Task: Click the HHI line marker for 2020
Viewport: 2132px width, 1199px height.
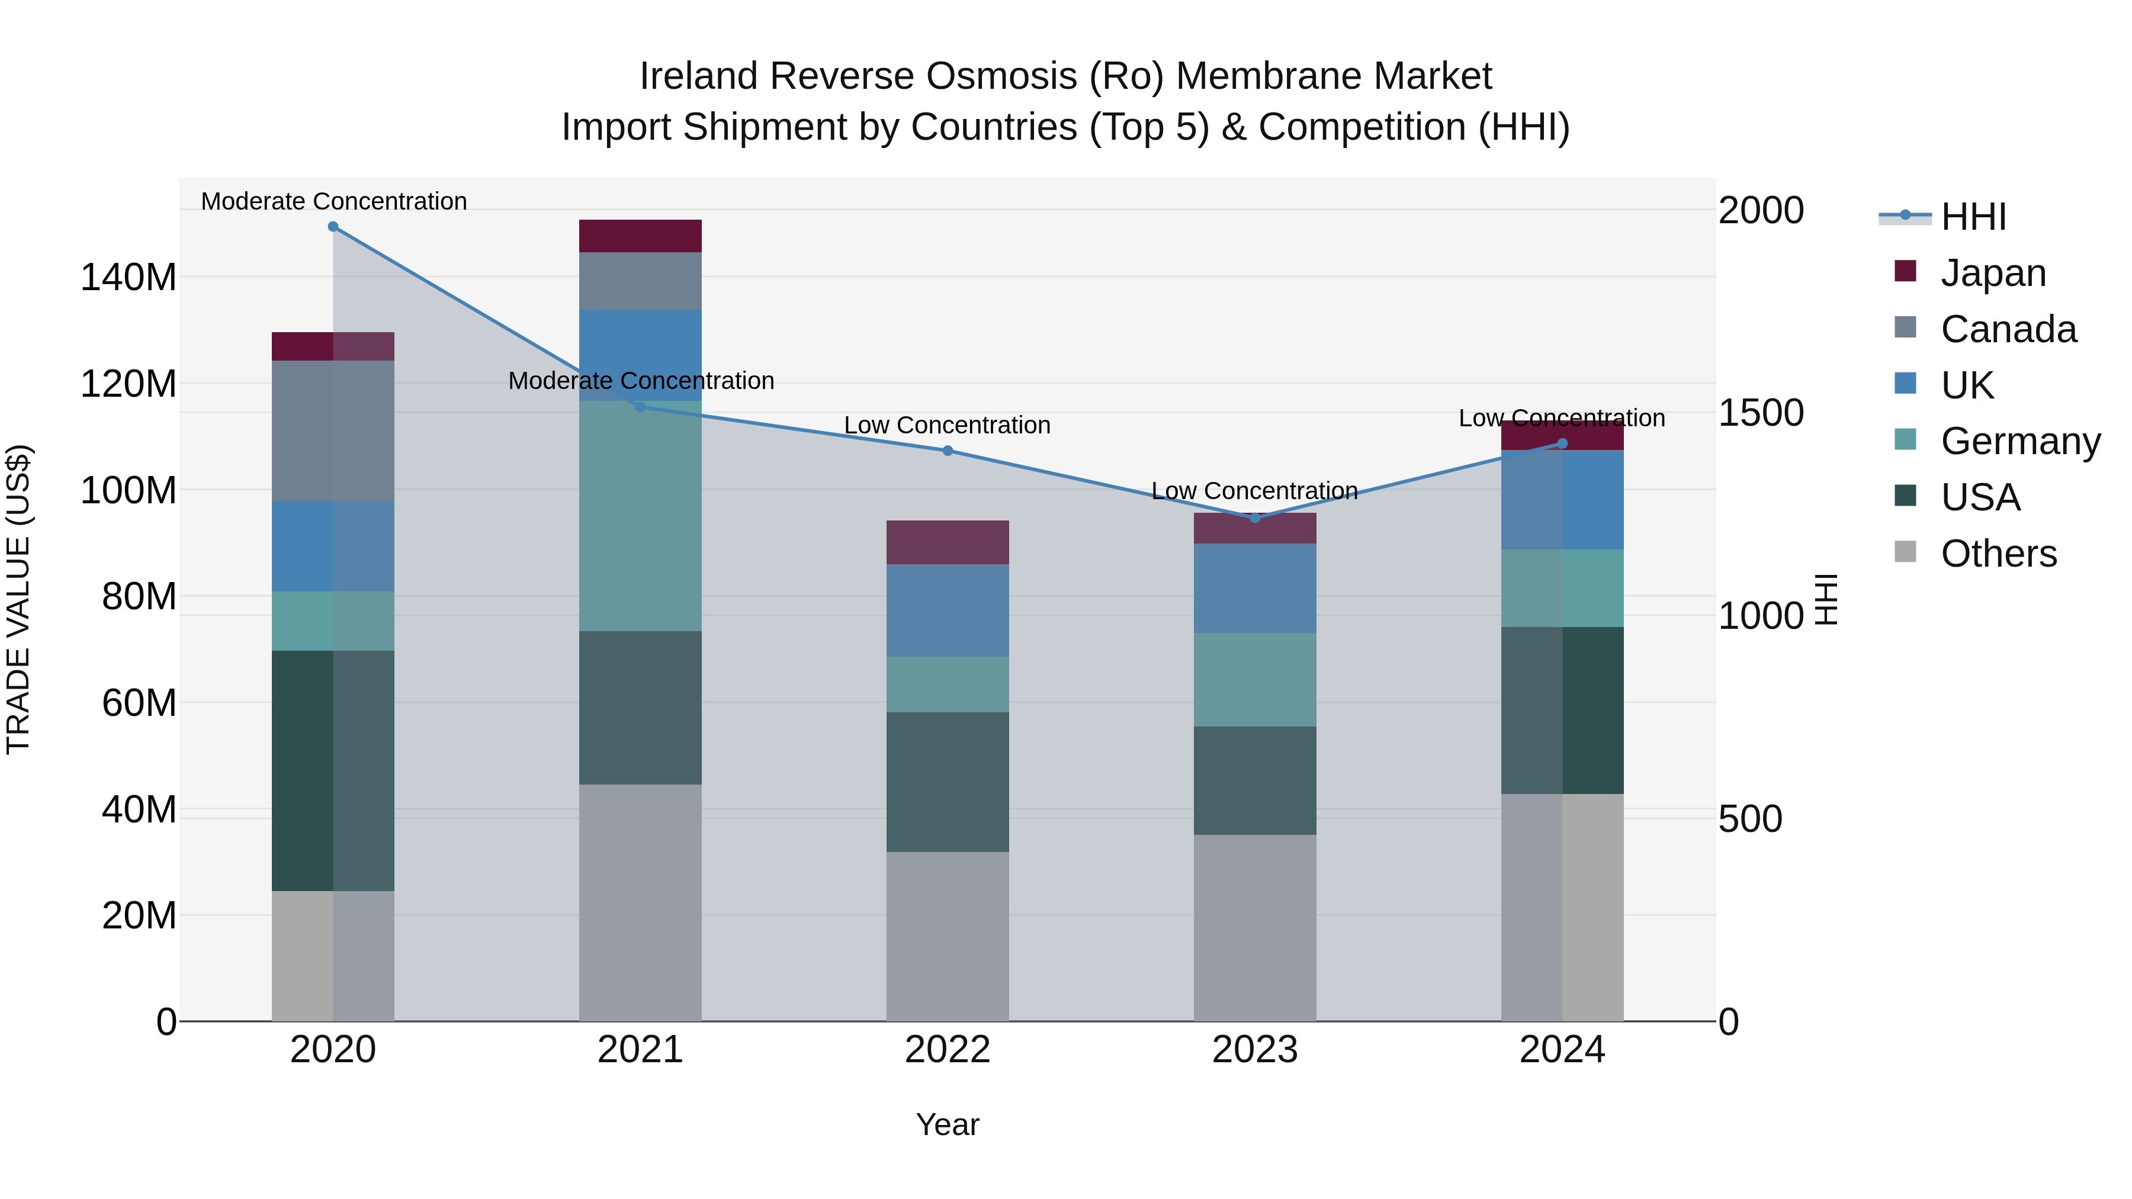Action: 333,227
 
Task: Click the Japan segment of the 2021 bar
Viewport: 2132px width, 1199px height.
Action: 640,236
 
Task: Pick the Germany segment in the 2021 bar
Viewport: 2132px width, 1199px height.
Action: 640,516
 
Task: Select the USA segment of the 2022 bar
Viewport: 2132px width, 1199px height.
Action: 948,782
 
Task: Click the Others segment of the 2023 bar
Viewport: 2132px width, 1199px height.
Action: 1255,928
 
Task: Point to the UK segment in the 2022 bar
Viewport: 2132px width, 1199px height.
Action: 948,610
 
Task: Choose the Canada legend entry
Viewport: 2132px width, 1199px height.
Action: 2008,329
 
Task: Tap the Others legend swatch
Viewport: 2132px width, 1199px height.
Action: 1905,552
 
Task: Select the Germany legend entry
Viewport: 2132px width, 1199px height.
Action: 2019,441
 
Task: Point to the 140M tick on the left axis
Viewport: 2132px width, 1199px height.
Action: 129,277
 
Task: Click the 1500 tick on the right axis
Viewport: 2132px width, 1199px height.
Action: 1761,413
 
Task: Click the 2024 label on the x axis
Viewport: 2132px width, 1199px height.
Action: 1562,1050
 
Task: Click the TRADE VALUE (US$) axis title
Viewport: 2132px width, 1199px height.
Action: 18,599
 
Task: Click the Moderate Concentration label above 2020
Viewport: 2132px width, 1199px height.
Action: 333,201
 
